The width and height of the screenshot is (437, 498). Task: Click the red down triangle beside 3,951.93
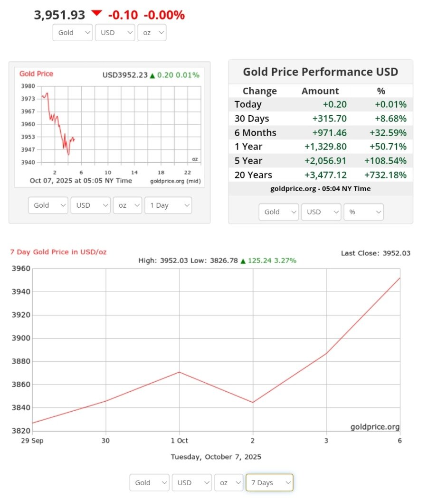97,13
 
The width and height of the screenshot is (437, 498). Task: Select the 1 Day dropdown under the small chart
168,205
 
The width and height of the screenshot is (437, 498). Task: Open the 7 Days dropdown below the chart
269,482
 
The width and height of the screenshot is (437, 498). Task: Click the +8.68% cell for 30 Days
390,119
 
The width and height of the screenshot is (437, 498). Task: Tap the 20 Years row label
253,175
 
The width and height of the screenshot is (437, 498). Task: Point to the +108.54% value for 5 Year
385,161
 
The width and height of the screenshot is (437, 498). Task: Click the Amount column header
320,91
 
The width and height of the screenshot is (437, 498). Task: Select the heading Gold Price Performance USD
321,72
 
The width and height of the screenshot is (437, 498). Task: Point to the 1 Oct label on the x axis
179,441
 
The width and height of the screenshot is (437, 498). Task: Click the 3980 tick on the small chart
28,86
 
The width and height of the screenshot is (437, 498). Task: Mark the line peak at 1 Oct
179,372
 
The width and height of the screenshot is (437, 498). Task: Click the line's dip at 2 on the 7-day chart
253,403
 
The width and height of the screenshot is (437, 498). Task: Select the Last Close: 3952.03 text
375,253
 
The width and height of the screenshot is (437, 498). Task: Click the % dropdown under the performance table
363,212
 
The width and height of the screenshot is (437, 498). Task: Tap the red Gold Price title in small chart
36,74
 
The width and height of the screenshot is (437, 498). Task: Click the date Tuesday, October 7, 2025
216,457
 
